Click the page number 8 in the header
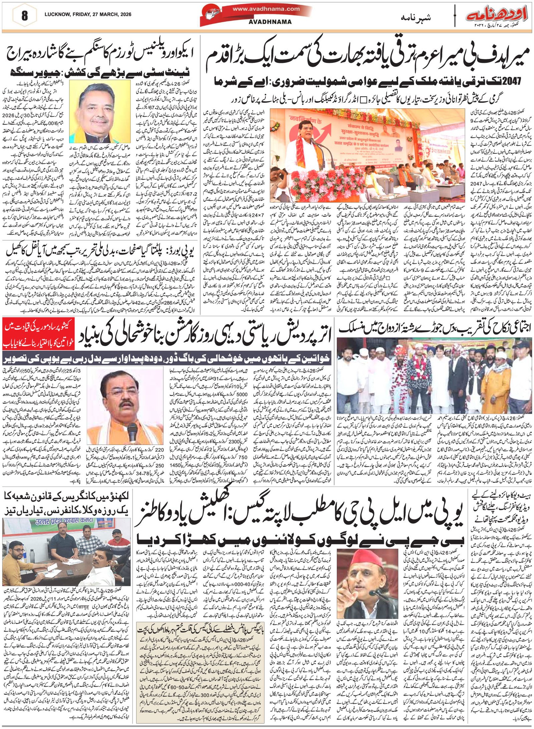point(24,16)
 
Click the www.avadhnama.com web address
point(266,9)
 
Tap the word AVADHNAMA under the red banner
point(270,22)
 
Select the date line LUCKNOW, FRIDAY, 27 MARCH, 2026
point(88,14)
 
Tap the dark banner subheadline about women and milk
point(167,359)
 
